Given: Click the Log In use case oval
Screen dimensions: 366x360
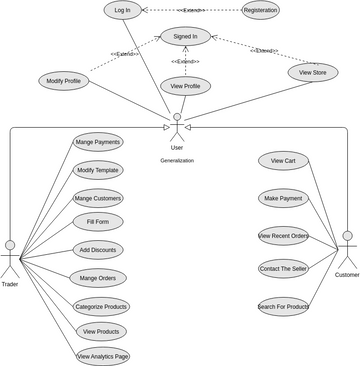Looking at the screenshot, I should tap(122, 10).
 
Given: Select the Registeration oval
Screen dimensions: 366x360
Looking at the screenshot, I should tap(260, 10).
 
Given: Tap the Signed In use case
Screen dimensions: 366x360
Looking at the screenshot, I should tap(185, 37).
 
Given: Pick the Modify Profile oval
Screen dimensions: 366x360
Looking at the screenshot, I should tap(63, 80).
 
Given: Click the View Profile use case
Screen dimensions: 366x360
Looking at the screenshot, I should tap(185, 87).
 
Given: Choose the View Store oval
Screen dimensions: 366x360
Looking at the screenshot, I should tap(313, 72).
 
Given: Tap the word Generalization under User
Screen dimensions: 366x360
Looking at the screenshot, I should tap(177, 160).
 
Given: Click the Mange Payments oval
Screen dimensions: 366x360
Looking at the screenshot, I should tap(98, 143).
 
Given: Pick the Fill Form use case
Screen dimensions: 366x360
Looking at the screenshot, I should tap(98, 221).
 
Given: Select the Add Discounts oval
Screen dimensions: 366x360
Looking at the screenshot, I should tap(98, 249).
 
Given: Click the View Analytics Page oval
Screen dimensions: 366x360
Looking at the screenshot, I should tap(103, 355).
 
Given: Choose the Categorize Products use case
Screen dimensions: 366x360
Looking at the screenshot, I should tap(101, 306).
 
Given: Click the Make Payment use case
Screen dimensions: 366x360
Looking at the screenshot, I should tap(283, 198).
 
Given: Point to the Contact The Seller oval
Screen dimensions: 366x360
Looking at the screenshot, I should tap(283, 269).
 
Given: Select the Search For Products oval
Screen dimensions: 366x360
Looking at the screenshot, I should tap(283, 306).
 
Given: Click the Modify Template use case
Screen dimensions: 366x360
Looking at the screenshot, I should tap(98, 170).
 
